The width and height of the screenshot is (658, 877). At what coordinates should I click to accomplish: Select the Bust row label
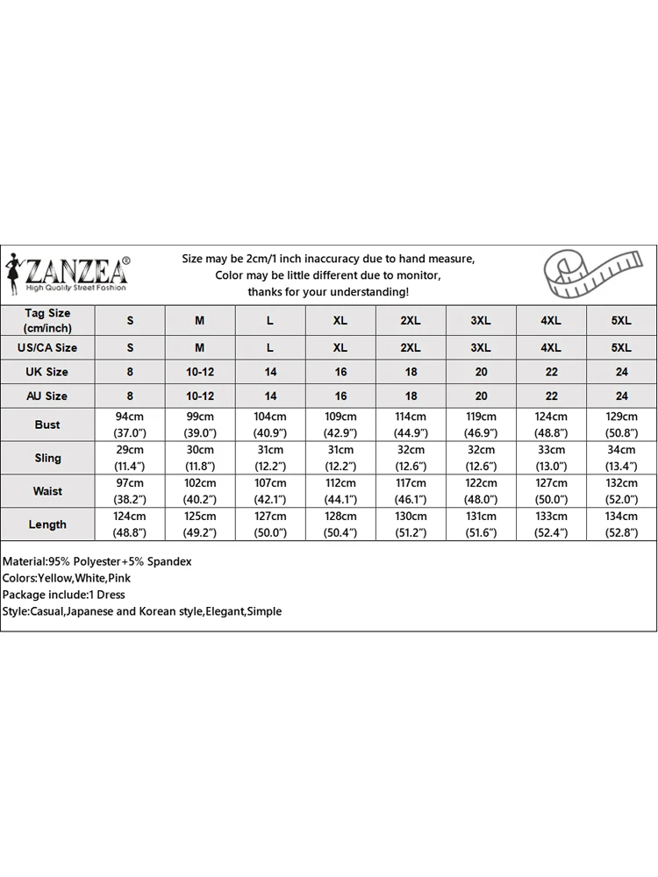point(47,424)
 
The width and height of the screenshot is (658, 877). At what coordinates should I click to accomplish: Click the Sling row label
point(47,458)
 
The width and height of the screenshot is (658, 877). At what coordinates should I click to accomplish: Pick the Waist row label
point(47,491)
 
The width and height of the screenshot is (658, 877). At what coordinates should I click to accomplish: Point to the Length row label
point(47,524)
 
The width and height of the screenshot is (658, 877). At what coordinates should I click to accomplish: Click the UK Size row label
point(47,372)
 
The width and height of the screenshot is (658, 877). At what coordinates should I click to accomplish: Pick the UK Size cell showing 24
point(621,372)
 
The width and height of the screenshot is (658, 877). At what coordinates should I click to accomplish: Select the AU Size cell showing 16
point(340,396)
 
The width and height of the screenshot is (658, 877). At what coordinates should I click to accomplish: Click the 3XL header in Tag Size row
point(481,321)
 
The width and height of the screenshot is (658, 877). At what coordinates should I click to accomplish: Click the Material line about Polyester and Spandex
point(97,561)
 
